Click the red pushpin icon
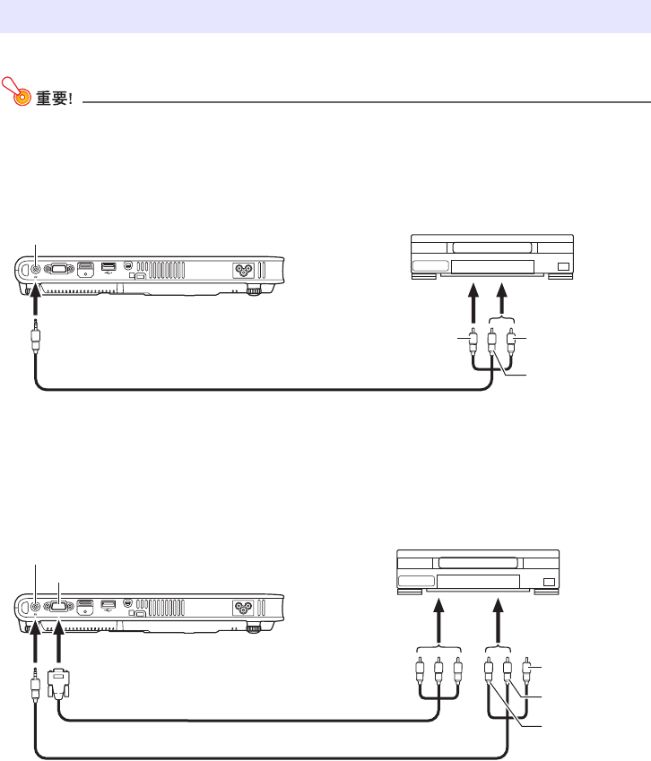[x=16, y=91]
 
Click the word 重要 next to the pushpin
[x=51, y=98]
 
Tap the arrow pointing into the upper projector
[x=35, y=301]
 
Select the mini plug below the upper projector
[x=36, y=335]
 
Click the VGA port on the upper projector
[x=59, y=268]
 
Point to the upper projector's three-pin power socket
[x=243, y=271]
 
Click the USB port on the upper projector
[x=108, y=266]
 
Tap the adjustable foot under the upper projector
[x=254, y=290]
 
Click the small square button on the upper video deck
[x=563, y=266]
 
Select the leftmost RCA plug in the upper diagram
[x=473, y=342]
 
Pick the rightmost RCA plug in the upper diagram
[x=511, y=342]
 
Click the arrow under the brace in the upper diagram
[x=502, y=299]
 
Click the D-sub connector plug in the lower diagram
[x=59, y=683]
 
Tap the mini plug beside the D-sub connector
[x=35, y=684]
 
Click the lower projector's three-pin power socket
[x=243, y=608]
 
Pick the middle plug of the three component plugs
[x=438, y=672]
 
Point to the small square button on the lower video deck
[x=549, y=582]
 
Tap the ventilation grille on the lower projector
[x=161, y=607]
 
